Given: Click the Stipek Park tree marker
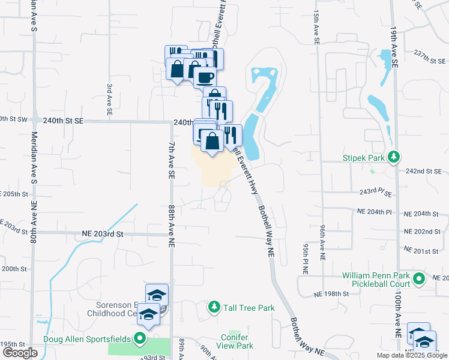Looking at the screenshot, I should point(394,157).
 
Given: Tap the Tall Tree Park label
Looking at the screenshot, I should point(249,308).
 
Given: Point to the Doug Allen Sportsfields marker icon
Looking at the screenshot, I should point(140,339).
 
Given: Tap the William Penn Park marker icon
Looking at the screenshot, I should point(420,278).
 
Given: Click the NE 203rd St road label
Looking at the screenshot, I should point(102,233).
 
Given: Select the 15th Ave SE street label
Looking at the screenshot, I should point(315,27).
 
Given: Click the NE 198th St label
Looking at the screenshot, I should point(331,294).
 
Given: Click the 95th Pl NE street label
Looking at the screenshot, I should point(306,259).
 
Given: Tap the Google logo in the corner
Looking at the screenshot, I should point(20,353).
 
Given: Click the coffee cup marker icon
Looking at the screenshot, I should point(205,77).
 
